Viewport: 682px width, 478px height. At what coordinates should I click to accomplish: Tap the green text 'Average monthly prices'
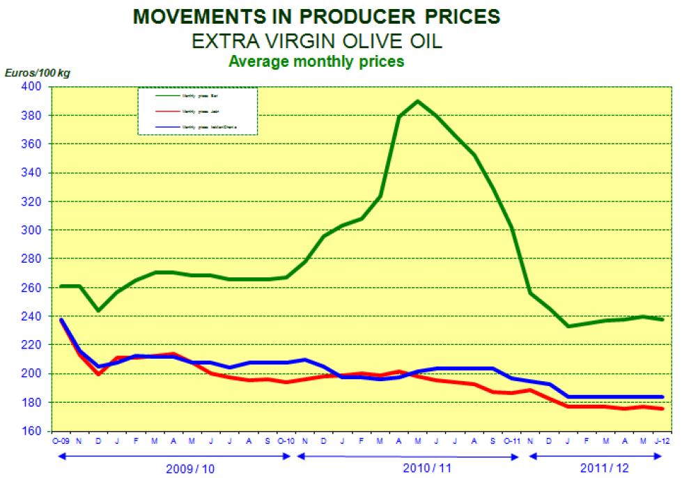(x=316, y=61)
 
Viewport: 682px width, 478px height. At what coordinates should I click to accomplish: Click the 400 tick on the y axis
(x=33, y=86)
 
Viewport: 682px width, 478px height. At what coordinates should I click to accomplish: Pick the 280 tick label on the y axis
(x=33, y=259)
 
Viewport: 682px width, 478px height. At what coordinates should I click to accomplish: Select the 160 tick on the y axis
(x=33, y=431)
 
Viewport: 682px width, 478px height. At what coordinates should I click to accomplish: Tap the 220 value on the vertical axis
(x=33, y=345)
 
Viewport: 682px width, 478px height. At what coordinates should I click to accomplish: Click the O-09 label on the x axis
(x=61, y=441)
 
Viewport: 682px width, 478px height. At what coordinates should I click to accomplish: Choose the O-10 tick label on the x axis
(x=286, y=441)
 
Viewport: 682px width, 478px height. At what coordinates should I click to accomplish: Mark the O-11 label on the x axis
(x=512, y=441)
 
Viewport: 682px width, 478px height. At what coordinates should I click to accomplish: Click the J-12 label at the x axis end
(x=662, y=441)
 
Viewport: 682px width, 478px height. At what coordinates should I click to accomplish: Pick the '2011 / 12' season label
(x=598, y=468)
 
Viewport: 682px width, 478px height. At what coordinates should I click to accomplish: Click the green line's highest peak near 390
(x=417, y=101)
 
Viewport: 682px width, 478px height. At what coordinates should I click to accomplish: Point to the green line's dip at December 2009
(x=99, y=310)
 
